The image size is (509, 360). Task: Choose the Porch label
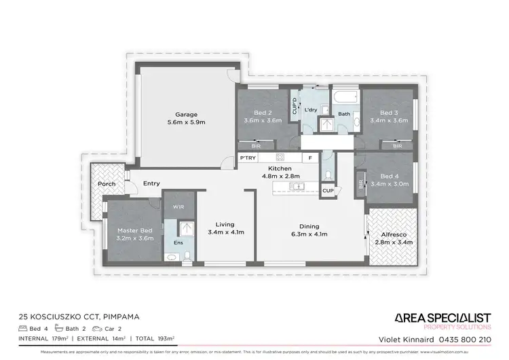click(107, 184)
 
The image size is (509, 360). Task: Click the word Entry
click(151, 183)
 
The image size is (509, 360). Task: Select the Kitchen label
click(280, 168)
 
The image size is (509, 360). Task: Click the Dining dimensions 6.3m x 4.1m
click(309, 234)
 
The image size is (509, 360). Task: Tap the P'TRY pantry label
click(247, 158)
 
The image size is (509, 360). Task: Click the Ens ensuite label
click(178, 242)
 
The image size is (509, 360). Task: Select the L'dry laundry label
click(311, 110)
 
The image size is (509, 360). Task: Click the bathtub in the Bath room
click(343, 96)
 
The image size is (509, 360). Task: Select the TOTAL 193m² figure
click(155, 338)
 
